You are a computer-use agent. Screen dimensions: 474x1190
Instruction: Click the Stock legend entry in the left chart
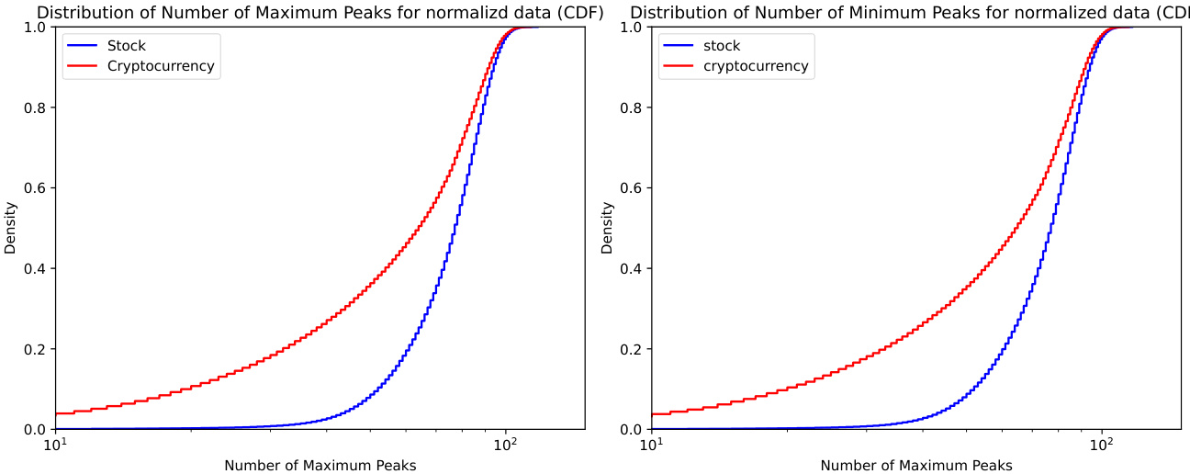click(126, 46)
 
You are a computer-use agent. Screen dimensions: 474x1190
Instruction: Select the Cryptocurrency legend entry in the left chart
click(161, 66)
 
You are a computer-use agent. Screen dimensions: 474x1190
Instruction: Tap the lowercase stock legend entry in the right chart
click(721, 46)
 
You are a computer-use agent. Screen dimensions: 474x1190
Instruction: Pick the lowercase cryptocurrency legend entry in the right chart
click(755, 66)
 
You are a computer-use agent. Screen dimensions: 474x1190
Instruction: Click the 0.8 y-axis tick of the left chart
click(36, 107)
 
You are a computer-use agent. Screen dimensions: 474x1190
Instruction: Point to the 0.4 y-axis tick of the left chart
click(36, 268)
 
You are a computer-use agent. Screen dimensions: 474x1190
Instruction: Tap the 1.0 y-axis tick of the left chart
click(36, 27)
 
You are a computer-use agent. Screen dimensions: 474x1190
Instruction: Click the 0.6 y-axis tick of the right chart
click(632, 188)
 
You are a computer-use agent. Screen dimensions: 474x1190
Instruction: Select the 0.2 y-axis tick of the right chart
click(632, 349)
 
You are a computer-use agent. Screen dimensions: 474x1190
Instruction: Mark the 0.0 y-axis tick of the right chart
click(632, 429)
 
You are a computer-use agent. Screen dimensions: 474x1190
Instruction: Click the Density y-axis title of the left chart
click(10, 228)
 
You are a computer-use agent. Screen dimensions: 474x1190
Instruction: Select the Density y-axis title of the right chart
click(607, 228)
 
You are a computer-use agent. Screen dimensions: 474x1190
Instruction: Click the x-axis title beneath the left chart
click(320, 465)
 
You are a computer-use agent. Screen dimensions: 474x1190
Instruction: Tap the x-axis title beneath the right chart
click(916, 465)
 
